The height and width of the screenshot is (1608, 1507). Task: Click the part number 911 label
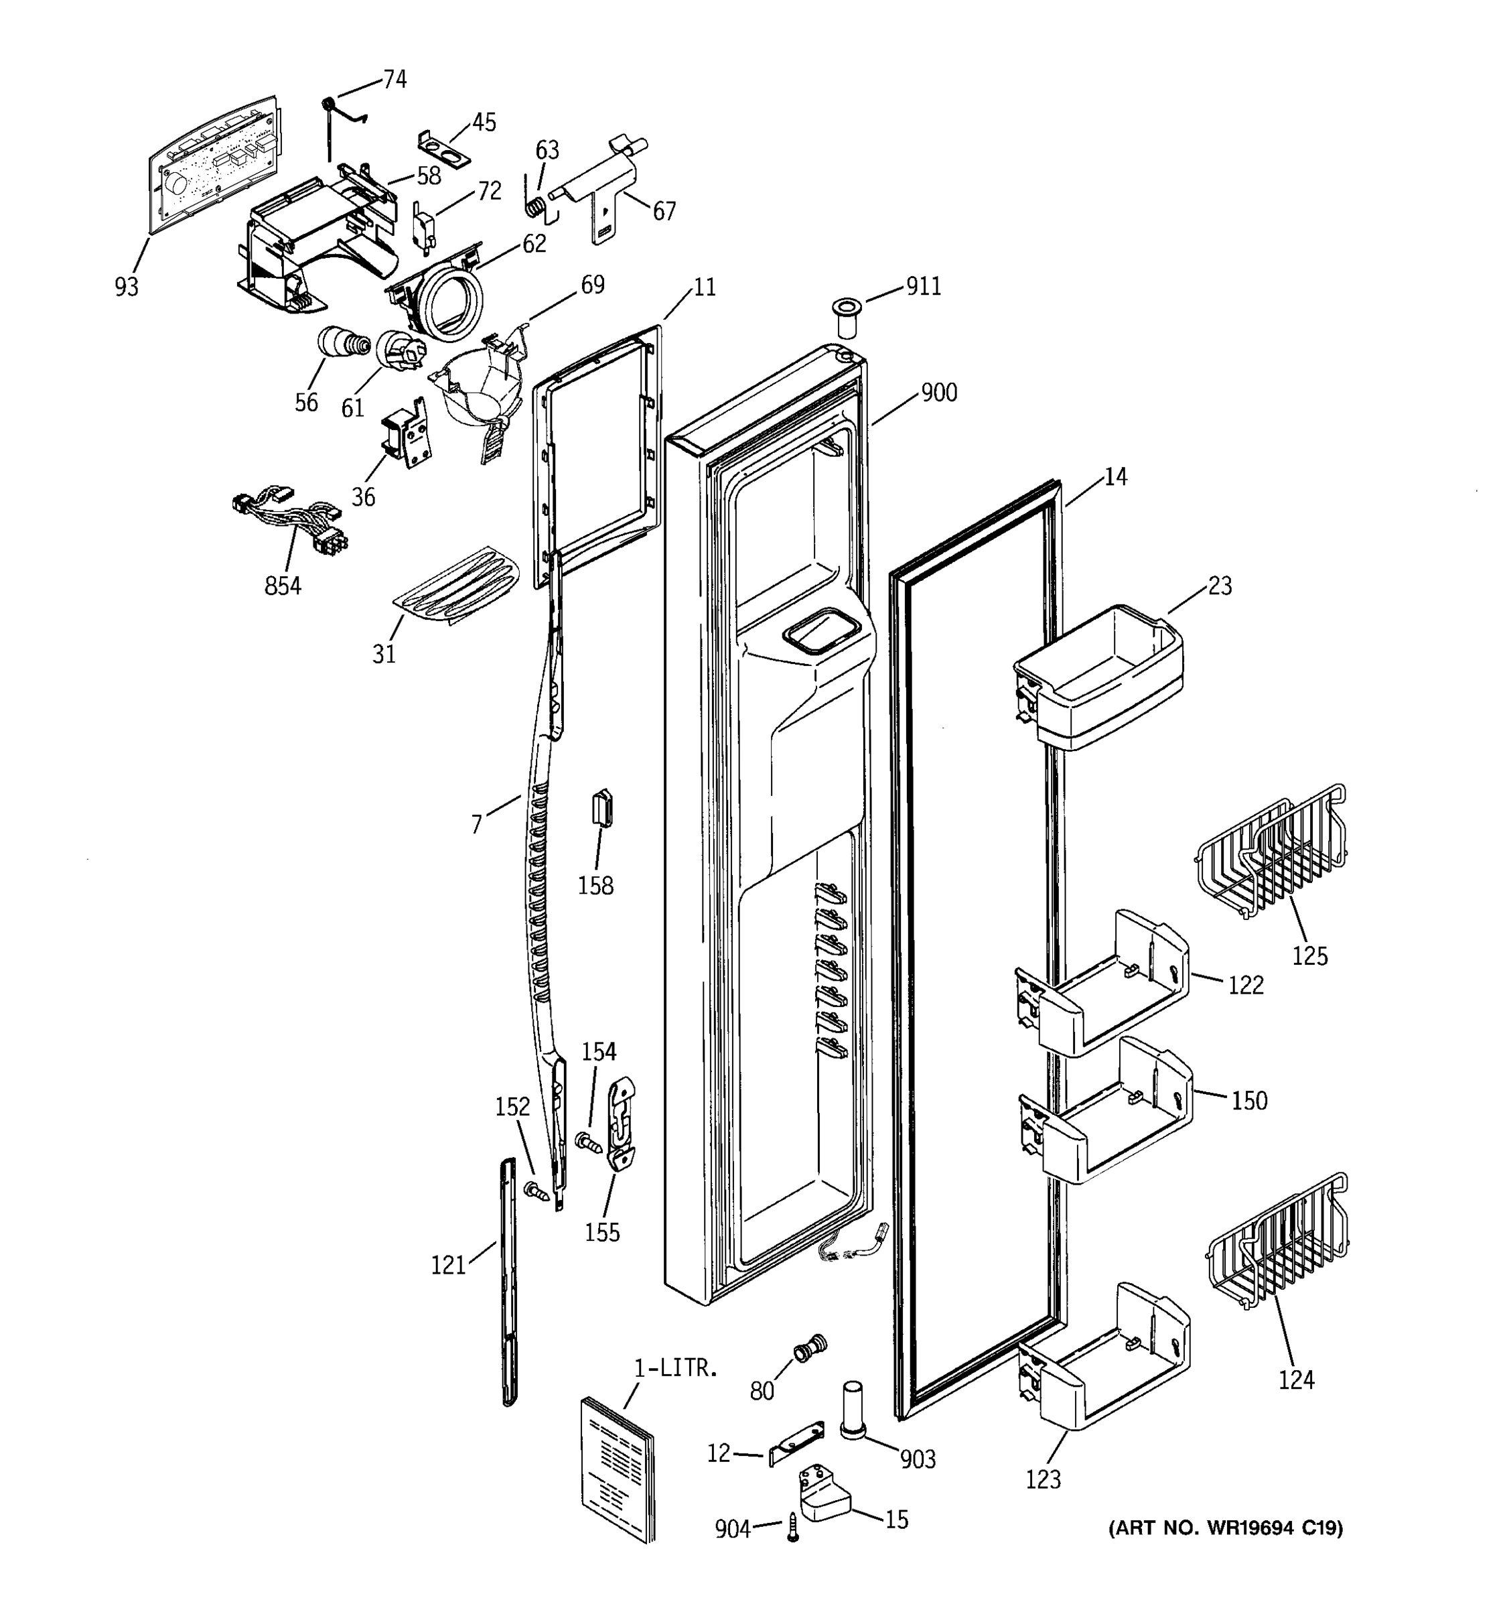pyautogui.click(x=922, y=286)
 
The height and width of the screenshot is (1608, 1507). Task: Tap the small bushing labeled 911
pyautogui.click(x=847, y=319)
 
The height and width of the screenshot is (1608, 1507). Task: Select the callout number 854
pyautogui.click(x=282, y=585)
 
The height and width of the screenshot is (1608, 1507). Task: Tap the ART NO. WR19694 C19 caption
pyautogui.click(x=1225, y=1528)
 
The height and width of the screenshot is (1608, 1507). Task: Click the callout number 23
pyautogui.click(x=1219, y=586)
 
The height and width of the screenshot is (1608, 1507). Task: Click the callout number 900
pyautogui.click(x=938, y=393)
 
